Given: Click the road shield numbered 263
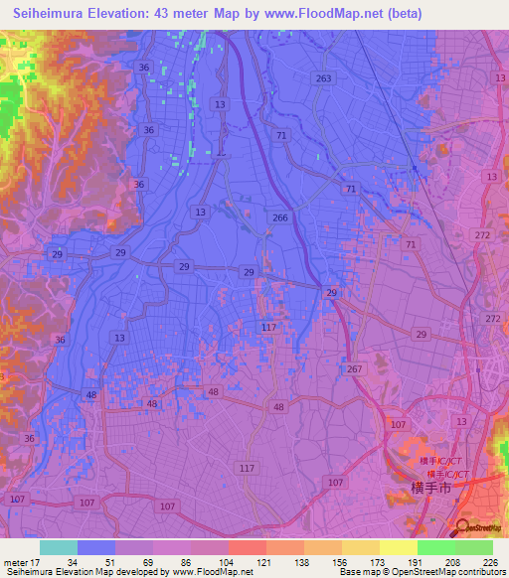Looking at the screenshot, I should point(322,78).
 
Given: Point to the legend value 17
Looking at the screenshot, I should point(40,561).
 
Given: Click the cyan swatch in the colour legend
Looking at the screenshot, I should point(59,547).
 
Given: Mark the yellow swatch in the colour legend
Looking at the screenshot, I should point(398,547).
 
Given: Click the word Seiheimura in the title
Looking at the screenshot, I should point(50,14).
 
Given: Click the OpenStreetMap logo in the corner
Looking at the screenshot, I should point(481,528).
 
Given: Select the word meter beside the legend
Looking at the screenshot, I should point(15,561).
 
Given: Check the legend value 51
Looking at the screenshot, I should point(115,561).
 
